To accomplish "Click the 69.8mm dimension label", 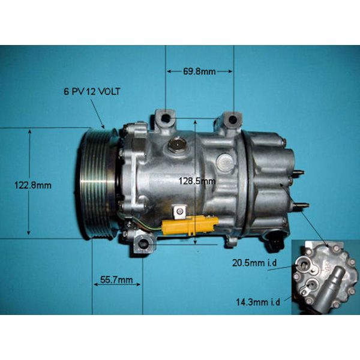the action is point(199,71).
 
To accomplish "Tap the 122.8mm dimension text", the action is point(33,185).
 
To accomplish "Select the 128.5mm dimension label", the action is point(197,181).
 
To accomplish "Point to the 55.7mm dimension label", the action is point(116,280).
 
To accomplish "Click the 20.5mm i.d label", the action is point(254,263).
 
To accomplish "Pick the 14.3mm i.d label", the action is point(258,302).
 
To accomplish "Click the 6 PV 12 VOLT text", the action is point(92,92).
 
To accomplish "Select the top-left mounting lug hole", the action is point(166,118).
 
